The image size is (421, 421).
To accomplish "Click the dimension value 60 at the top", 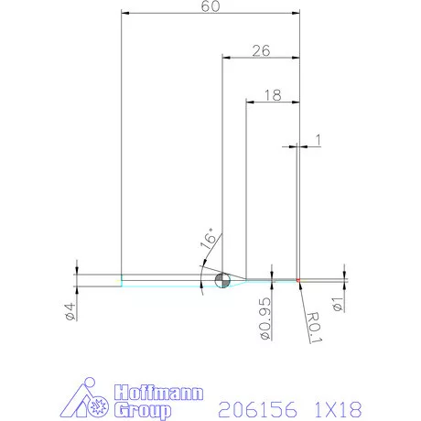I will click(210, 7).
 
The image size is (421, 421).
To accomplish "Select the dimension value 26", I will click(260, 51).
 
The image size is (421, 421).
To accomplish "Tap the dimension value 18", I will click(272, 94).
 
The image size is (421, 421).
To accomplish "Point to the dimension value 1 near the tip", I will click(317, 139).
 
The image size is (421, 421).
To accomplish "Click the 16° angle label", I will click(209, 240).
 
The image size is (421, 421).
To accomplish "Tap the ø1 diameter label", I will click(339, 303).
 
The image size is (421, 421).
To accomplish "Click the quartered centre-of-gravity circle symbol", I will click(221, 279).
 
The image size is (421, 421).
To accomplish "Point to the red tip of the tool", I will click(298, 279).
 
